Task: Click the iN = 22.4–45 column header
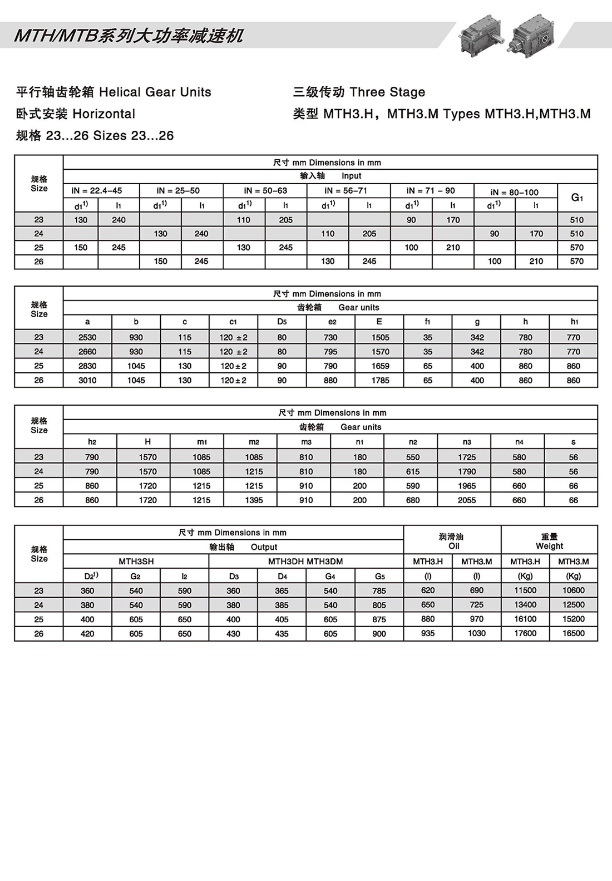tap(97, 190)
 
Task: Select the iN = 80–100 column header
tap(515, 192)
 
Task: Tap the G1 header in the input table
tap(577, 198)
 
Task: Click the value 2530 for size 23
tap(87, 337)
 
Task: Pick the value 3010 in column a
tap(87, 381)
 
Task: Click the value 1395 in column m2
tap(254, 500)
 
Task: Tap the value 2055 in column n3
tap(467, 500)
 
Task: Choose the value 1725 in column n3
tap(467, 457)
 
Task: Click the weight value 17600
tap(525, 633)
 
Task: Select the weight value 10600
tap(574, 590)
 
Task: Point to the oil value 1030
tap(477, 633)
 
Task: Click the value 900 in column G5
tap(379, 634)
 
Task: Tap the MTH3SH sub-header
tap(136, 562)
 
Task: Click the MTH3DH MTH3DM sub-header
tap(305, 562)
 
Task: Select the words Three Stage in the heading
tap(388, 92)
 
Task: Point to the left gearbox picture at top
tap(480, 34)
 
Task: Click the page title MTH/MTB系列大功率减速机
tap(129, 36)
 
